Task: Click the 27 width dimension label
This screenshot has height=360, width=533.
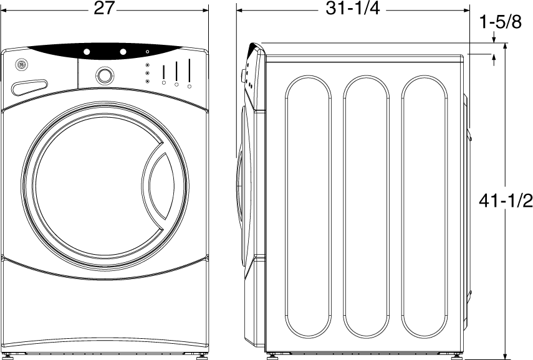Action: click(x=103, y=8)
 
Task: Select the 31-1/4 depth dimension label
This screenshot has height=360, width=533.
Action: click(x=352, y=8)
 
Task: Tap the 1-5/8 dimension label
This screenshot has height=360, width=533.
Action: click(x=500, y=22)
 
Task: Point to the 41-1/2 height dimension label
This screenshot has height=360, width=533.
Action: click(x=506, y=201)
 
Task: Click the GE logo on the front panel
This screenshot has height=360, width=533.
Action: click(x=21, y=65)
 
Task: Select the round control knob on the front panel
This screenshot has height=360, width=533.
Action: click(x=105, y=75)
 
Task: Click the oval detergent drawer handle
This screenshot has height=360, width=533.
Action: click(x=29, y=87)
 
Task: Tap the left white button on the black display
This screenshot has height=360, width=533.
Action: click(x=87, y=52)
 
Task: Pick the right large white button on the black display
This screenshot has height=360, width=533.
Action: click(x=123, y=52)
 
